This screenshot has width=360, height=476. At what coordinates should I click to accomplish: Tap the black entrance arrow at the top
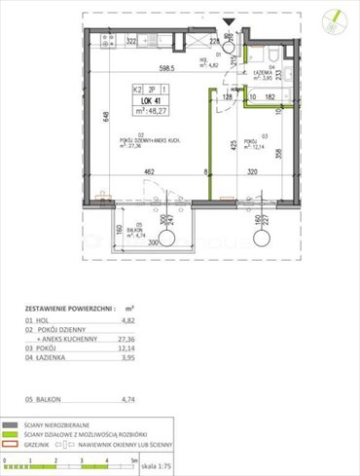coord(228,18)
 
